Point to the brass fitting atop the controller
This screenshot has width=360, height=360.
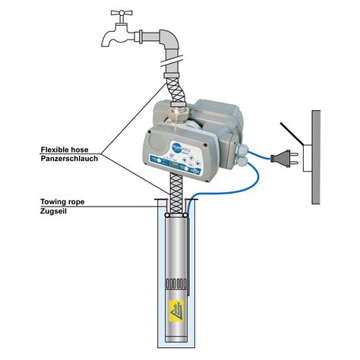coord(180,113)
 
